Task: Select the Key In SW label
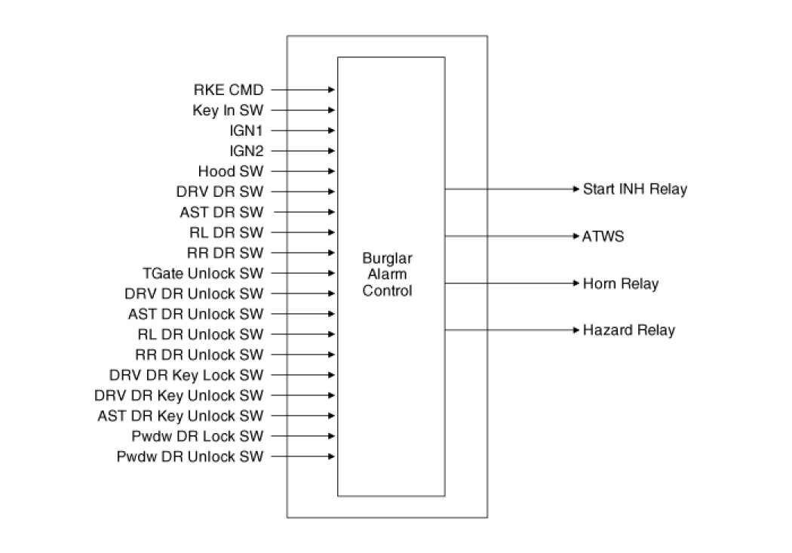228,110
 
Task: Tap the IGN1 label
247,131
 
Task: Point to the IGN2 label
247,151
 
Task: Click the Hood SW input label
231,171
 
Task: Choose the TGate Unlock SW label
203,273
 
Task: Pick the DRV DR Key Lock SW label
186,375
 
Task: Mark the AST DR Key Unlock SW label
180,416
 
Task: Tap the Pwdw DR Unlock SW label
190,456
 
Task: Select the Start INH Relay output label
634,189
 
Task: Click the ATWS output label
603,237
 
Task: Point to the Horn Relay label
620,284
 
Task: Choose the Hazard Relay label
628,330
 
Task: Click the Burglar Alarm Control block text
388,275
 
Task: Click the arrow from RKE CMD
302,90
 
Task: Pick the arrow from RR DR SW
302,253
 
